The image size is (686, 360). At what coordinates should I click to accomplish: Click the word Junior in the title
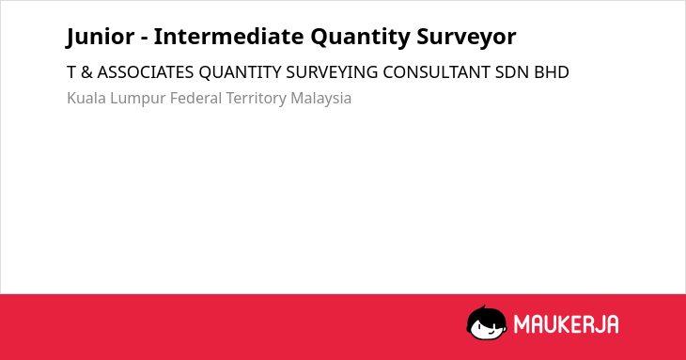click(101, 37)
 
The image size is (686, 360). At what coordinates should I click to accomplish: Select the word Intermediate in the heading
click(228, 36)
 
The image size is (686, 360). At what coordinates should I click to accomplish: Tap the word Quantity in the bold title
click(360, 38)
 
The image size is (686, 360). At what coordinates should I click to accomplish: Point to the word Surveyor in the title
click(466, 38)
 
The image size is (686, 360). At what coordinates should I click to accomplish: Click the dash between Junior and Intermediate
click(145, 39)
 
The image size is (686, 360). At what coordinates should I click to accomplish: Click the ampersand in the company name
click(86, 72)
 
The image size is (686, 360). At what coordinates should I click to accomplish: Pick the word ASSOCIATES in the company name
click(146, 72)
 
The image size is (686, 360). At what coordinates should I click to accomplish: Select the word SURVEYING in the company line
click(332, 72)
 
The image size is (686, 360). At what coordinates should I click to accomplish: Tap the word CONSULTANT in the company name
click(436, 72)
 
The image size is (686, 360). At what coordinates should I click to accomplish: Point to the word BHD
click(552, 72)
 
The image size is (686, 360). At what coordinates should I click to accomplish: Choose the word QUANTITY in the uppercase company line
click(240, 72)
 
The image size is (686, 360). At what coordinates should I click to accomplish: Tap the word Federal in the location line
click(195, 98)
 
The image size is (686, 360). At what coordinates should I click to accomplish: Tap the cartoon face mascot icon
click(487, 323)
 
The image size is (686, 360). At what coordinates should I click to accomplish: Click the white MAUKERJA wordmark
click(566, 324)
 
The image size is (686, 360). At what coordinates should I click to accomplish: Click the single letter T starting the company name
click(71, 72)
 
